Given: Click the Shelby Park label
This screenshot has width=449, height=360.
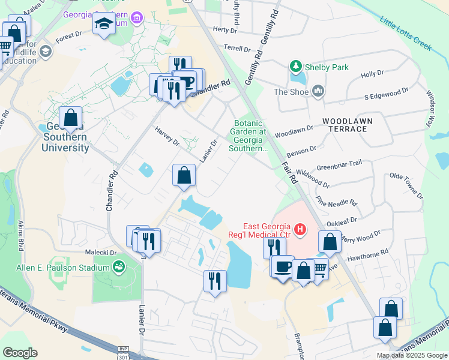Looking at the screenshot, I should coord(327,67).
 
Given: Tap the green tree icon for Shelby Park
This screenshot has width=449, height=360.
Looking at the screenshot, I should coord(295,66).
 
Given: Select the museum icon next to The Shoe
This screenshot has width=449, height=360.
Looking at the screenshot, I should coord(318,91).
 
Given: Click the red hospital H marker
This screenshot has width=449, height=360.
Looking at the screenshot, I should coord(300,229).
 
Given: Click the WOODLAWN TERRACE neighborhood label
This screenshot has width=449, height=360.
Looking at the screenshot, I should coord(348,125).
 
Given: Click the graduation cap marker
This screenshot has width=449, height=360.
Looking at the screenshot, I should coord(104,24).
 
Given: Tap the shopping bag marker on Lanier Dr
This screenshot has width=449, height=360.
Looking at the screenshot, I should coord(184,176).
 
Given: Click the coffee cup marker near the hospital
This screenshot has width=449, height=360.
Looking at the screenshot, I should coord(282,267).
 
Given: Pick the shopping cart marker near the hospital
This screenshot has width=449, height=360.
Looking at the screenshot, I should coord(319,269).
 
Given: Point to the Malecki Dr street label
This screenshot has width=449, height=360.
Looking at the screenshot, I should coord(105,253).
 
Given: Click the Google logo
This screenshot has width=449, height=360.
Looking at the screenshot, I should coord(20,353).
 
